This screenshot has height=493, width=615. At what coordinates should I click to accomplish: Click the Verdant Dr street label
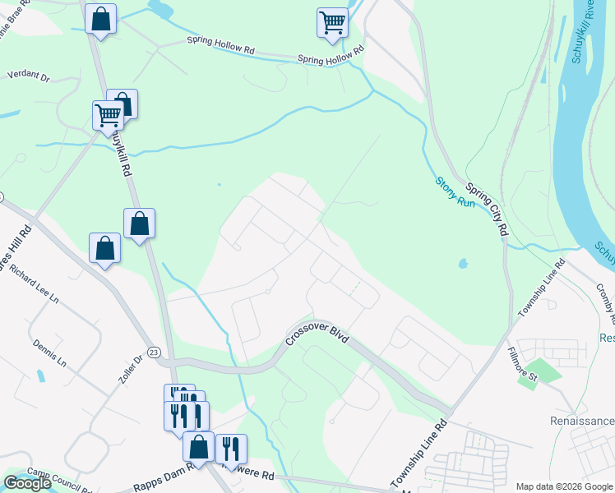pos(29,75)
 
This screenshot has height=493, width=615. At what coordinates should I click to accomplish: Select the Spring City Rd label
pos(484,210)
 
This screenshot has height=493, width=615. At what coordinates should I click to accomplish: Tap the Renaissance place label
pos(582,421)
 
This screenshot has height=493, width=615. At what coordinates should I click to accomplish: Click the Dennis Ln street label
pos(50,347)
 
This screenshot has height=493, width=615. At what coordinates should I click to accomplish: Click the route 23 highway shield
pos(154,352)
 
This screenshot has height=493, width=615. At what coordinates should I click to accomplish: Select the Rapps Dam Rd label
pos(168,469)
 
